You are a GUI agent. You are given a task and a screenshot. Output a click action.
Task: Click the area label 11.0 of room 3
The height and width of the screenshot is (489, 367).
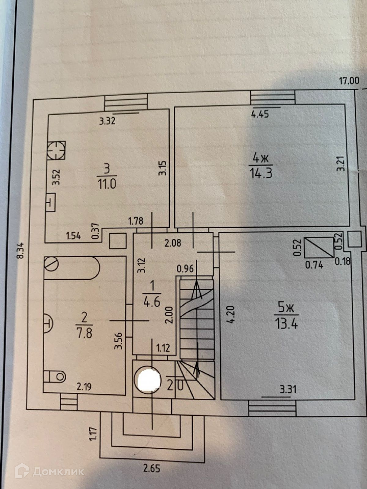[107, 184]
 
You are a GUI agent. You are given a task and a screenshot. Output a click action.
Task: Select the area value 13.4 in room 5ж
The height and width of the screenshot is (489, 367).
[286, 323]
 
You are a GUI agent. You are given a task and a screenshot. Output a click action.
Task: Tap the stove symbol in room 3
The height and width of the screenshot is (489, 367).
[57, 150]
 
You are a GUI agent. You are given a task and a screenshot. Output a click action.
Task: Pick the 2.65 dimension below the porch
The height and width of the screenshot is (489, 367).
[152, 468]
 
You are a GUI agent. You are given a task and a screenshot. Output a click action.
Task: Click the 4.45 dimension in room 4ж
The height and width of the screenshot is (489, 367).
[260, 115]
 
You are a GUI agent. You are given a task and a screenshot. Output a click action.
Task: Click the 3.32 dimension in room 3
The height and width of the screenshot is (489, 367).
[107, 121]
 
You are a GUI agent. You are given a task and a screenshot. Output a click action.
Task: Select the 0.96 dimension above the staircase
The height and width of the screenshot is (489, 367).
[185, 269]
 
